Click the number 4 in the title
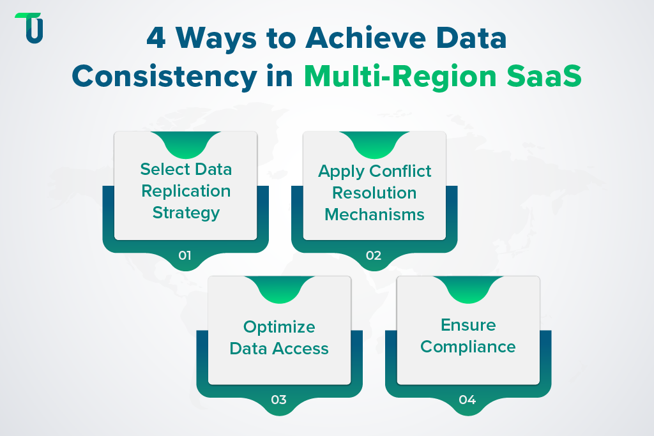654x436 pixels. pyautogui.click(x=156, y=40)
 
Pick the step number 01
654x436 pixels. pyautogui.click(x=185, y=256)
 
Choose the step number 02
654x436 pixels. pyautogui.click(x=374, y=256)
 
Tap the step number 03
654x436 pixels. pyautogui.click(x=279, y=400)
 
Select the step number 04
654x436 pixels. pyautogui.click(x=468, y=400)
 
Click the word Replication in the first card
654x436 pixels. pyautogui.click(x=186, y=191)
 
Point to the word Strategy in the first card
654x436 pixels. pyautogui.click(x=186, y=213)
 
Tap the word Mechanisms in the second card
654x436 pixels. pyautogui.click(x=375, y=214)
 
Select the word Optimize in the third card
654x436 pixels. pyautogui.click(x=279, y=327)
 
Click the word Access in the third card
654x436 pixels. pyautogui.click(x=303, y=349)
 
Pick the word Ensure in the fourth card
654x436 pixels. pyautogui.click(x=468, y=325)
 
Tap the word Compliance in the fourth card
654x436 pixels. pyautogui.click(x=468, y=347)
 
